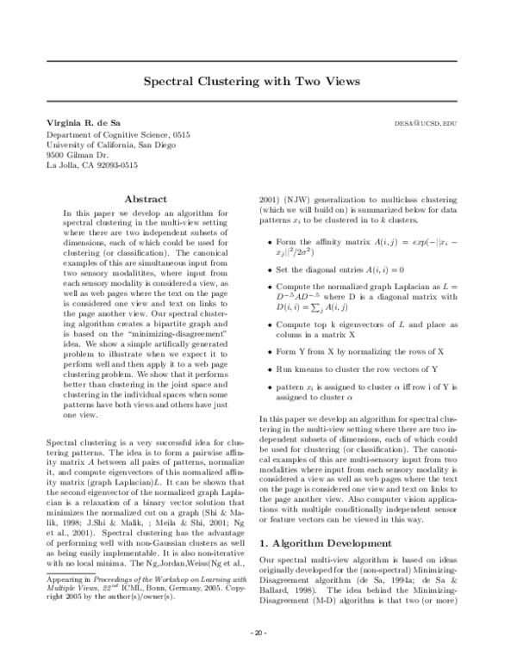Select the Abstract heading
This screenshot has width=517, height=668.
[x=146, y=199]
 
